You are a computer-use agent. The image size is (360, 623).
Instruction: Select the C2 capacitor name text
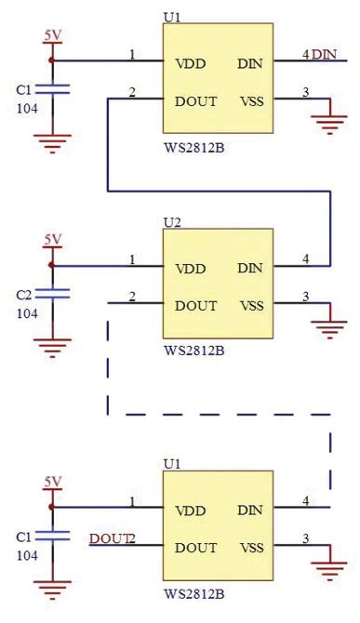(25, 295)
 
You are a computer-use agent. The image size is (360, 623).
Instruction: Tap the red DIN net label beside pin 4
(324, 55)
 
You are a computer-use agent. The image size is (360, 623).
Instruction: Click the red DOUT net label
(107, 538)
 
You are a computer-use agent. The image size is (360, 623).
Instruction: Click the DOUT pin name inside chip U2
(195, 306)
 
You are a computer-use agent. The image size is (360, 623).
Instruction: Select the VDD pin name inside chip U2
(192, 269)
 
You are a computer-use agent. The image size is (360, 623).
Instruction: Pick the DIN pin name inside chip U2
(249, 269)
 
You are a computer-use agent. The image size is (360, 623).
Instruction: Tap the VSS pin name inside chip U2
(251, 306)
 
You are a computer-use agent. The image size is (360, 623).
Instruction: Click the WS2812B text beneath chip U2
(193, 351)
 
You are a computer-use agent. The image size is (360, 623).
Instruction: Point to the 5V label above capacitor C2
(52, 240)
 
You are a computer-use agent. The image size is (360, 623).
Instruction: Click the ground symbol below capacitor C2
(52, 349)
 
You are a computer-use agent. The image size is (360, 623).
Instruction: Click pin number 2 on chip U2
(132, 297)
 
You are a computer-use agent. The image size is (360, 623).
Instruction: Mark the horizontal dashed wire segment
(220, 414)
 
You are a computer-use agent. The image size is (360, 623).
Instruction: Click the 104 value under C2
(27, 314)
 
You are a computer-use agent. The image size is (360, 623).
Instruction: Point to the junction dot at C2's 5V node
(52, 266)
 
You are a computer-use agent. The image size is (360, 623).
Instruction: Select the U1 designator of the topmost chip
(172, 17)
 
